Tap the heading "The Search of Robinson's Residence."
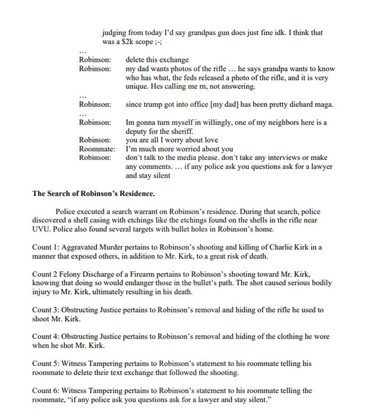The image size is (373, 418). coord(94,193)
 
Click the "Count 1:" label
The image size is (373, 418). coord(46,247)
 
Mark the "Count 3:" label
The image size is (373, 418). coord(46,309)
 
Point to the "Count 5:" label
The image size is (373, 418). coord(46,364)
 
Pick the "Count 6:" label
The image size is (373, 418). coord(46,390)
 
